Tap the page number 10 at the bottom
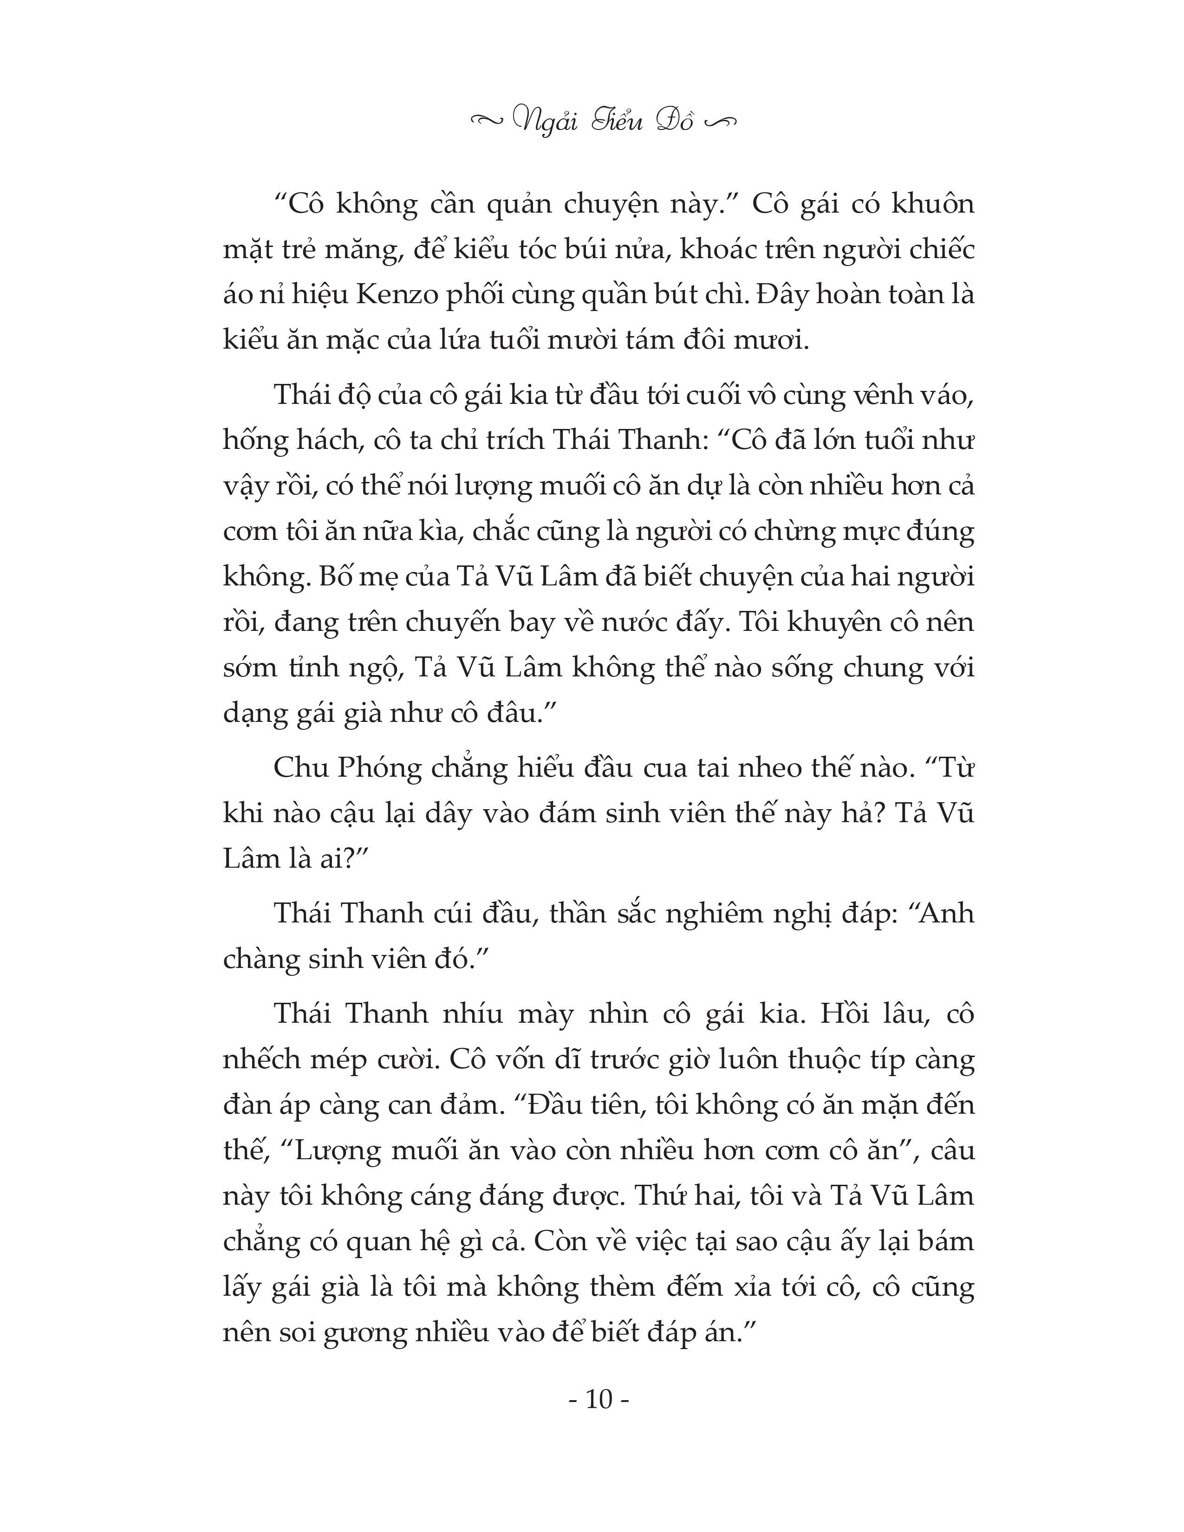click(x=599, y=1419)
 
